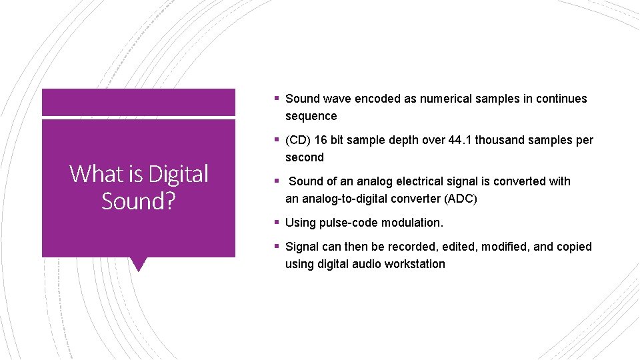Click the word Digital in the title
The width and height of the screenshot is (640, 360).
pyautogui.click(x=178, y=174)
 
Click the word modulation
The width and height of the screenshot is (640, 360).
pyautogui.click(x=414, y=223)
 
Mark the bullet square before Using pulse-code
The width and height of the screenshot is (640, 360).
pyautogui.click(x=276, y=223)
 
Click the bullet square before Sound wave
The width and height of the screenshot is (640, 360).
pyautogui.click(x=276, y=99)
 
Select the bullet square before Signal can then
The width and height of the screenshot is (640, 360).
pyautogui.click(x=276, y=247)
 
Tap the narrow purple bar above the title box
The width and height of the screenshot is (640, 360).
pyautogui.click(x=139, y=102)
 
